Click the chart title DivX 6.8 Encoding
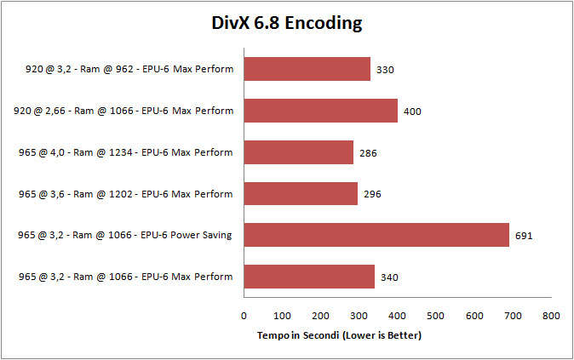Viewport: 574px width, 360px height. coord(287,23)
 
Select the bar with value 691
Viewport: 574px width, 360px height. coord(376,235)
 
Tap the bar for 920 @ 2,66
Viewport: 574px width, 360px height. coord(321,111)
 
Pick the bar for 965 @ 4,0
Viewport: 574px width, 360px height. coord(299,152)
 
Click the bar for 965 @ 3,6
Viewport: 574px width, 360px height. coord(301,193)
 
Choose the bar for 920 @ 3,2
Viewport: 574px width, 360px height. coord(307,69)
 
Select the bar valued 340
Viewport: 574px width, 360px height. coord(309,277)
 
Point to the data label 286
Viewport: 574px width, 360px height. coord(368,153)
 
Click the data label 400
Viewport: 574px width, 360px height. coord(412,111)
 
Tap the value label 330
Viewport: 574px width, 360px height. coord(385,70)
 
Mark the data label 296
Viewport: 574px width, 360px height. coord(372,194)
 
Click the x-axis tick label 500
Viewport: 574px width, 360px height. coord(436,316)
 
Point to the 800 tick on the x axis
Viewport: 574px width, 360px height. coord(551,316)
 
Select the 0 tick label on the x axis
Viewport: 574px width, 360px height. coord(244,316)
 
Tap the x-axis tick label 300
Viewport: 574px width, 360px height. coord(359,316)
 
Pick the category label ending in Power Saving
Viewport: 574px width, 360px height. coord(126,236)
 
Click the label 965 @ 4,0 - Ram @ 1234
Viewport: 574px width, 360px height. coord(126,152)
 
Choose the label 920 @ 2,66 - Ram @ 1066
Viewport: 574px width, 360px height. coord(124,111)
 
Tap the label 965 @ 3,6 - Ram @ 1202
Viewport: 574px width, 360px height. coord(126,194)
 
